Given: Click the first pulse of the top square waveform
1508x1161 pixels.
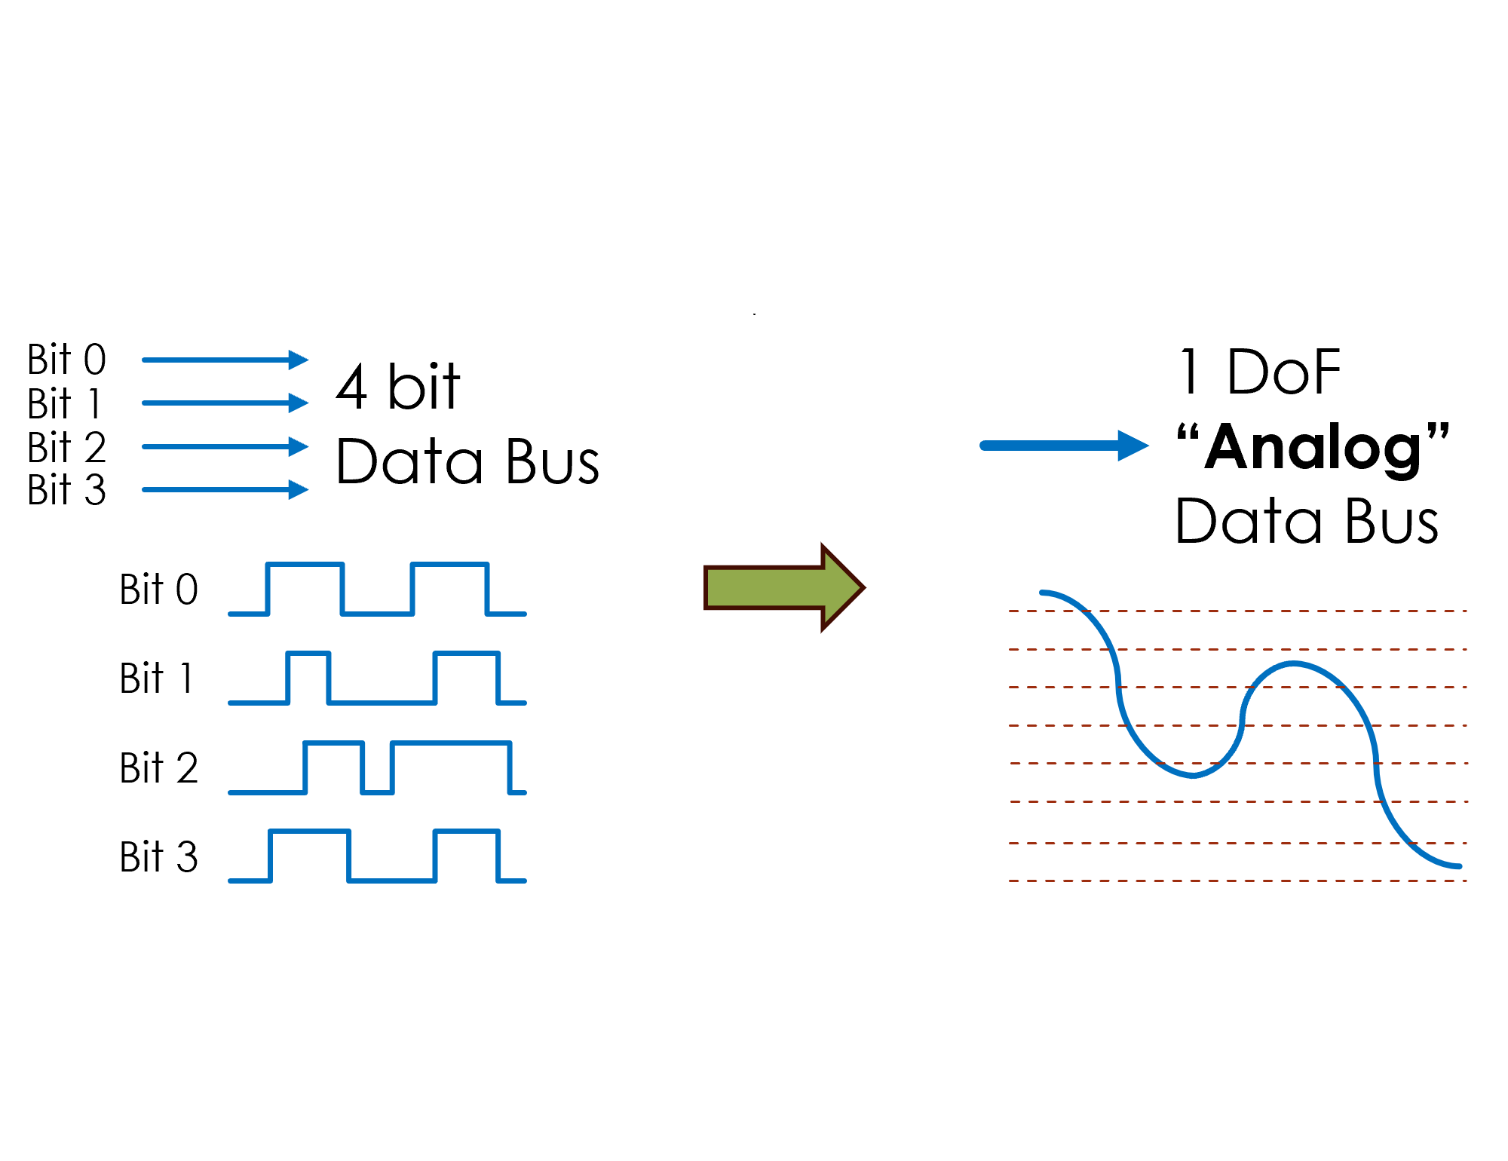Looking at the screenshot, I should coord(305,565).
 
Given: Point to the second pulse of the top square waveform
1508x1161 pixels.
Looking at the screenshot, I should coord(449,565).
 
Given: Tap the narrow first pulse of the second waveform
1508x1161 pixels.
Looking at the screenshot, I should coord(308,654).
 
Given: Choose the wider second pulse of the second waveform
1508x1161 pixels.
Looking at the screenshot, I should coord(467,654).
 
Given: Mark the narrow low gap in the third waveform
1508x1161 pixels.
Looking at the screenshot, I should coord(378,792).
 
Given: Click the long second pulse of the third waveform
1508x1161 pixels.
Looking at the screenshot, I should coord(451,743).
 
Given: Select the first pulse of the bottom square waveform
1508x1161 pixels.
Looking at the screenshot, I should coord(310,832).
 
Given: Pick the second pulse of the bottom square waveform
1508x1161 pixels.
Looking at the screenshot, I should coord(467,832).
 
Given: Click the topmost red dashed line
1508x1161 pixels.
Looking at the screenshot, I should coord(1237,611).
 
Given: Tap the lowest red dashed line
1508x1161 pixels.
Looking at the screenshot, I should coord(1237,881).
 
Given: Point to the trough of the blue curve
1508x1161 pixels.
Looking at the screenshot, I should coord(1193,775).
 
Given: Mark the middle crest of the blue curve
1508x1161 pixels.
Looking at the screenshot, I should coord(1294,664).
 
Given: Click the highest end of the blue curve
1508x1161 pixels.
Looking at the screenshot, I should coord(1043,593).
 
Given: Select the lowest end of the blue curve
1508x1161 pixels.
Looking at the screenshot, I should coord(1458,866).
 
